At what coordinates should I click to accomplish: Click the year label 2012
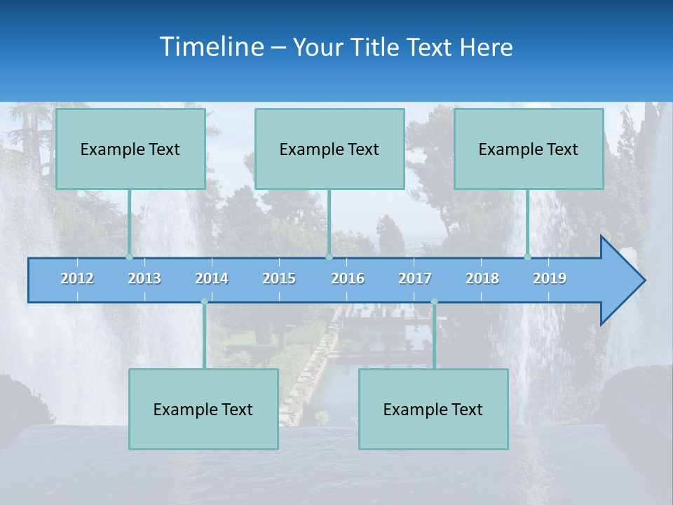77,278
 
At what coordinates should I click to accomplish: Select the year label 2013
144,278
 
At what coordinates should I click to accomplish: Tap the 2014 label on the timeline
212,278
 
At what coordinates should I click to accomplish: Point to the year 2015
279,278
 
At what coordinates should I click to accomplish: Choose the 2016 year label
348,278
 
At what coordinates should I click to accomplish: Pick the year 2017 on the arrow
415,278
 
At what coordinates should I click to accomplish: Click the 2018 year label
482,278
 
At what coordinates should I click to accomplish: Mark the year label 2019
550,278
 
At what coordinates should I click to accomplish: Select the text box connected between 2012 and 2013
130,149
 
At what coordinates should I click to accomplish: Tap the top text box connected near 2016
329,149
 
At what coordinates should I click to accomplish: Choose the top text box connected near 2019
529,149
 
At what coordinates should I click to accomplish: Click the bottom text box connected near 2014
203,409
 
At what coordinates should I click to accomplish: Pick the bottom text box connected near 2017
433,409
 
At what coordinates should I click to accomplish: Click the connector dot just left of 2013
130,257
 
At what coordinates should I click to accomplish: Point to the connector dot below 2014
204,302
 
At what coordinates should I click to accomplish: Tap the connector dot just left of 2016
329,257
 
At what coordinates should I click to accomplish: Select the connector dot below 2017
434,302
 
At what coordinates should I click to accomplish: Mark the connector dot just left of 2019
528,257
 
